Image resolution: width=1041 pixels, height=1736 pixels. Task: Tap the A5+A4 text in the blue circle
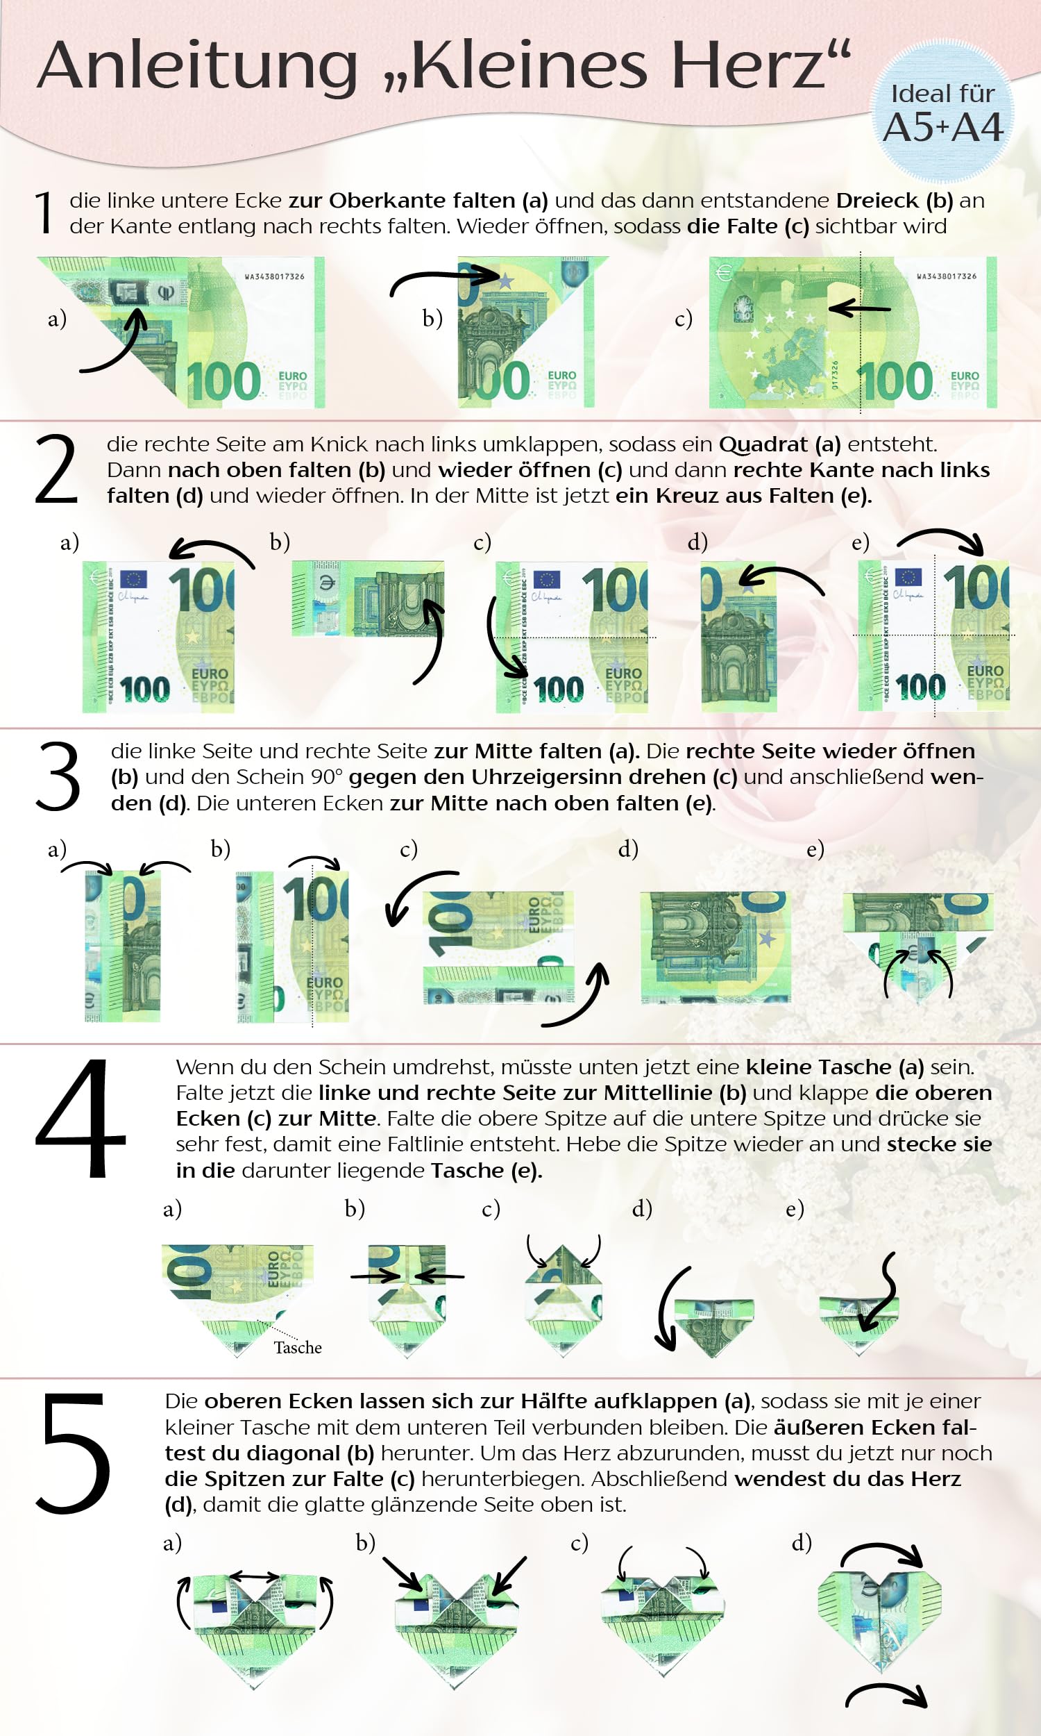coord(942,128)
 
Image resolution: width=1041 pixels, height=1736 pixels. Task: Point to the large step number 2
coord(56,469)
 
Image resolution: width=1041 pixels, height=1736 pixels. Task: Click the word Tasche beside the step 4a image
coord(298,1347)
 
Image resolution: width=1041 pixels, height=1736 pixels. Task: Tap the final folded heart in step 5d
coord(880,1622)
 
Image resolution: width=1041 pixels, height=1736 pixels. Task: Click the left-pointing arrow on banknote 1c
coord(859,308)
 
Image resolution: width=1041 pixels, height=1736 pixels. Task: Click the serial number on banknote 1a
coord(274,276)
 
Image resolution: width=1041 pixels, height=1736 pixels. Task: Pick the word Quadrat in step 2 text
coord(763,445)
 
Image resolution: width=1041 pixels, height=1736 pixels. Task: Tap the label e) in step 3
coord(815,849)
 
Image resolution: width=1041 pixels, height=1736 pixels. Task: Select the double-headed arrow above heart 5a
coord(255,1576)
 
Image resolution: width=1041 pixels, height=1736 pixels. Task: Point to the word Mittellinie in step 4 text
coord(658,1093)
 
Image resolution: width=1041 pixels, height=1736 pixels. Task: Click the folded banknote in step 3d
coord(716,947)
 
